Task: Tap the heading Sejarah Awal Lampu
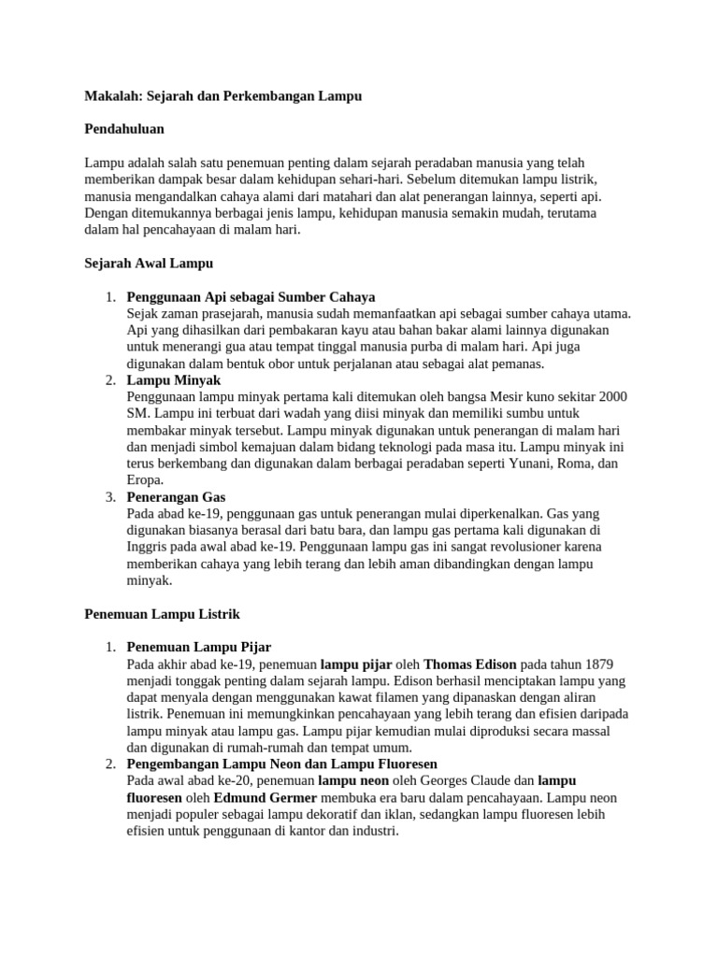click(150, 264)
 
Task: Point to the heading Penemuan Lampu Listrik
click(163, 614)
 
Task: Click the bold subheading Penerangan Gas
click(176, 497)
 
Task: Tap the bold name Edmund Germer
click(266, 798)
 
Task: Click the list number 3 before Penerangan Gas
click(110, 497)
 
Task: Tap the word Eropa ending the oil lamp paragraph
click(144, 480)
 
